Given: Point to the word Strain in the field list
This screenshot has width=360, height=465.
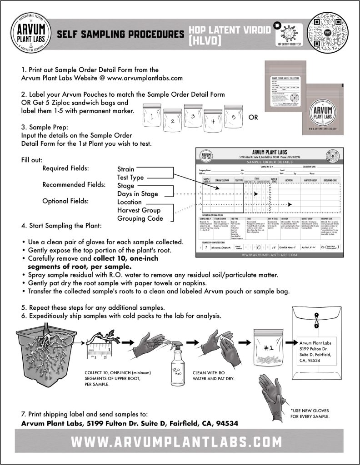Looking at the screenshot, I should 125,169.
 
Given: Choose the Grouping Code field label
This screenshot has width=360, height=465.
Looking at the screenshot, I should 140,218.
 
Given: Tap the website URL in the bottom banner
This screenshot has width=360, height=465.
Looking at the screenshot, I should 180,441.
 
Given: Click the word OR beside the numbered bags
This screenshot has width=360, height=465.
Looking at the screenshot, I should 254,118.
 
